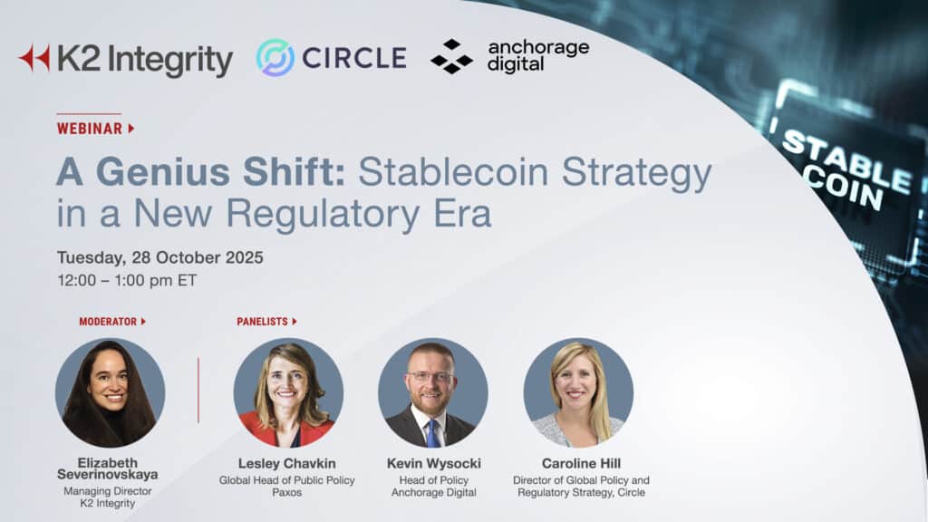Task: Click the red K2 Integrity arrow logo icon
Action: pyautogui.click(x=34, y=58)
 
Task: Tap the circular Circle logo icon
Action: pyautogui.click(x=275, y=57)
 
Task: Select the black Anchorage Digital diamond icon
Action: pyautogui.click(x=451, y=56)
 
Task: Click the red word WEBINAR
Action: pyautogui.click(x=90, y=129)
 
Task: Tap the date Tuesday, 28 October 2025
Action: pyautogui.click(x=159, y=257)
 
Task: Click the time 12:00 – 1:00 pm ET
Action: pyautogui.click(x=127, y=280)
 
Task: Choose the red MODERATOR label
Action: pyautogui.click(x=108, y=322)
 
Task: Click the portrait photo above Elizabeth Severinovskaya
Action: pyautogui.click(x=110, y=392)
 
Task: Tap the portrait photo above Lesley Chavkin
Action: pyautogui.click(x=288, y=392)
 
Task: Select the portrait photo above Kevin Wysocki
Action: pyautogui.click(x=433, y=392)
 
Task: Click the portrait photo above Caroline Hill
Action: pyautogui.click(x=578, y=392)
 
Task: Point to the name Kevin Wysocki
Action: pyautogui.click(x=433, y=464)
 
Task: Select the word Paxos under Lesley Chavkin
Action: pyautogui.click(x=286, y=493)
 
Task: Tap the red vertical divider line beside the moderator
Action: pyautogui.click(x=198, y=390)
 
